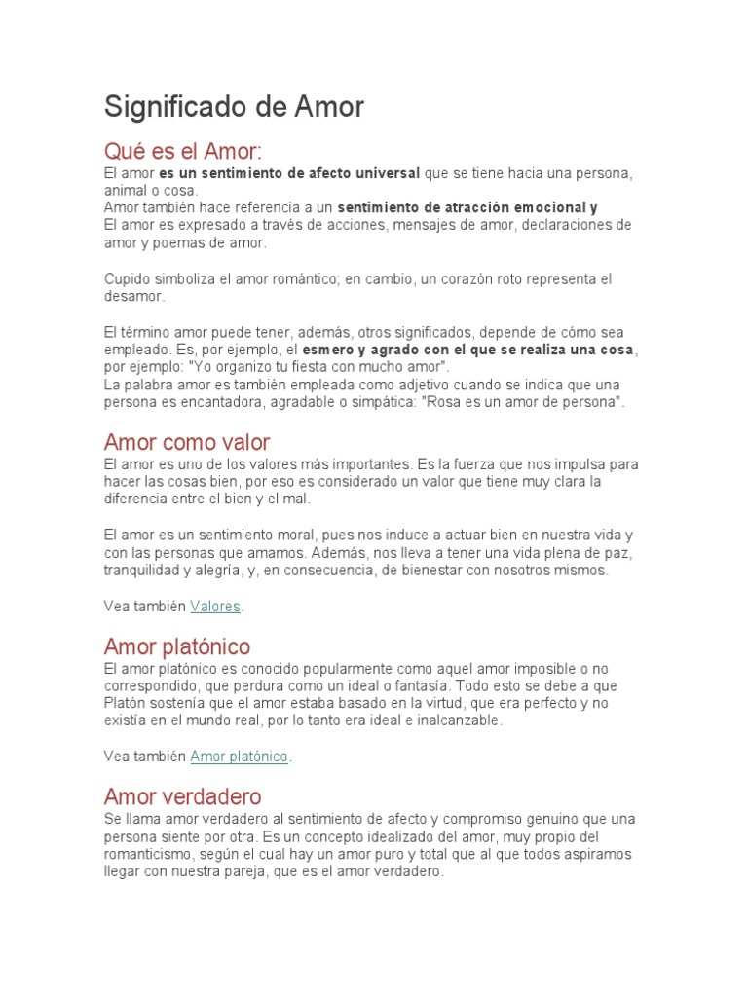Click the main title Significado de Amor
[x=234, y=106]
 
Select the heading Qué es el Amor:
[x=183, y=152]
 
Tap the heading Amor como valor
[x=187, y=442]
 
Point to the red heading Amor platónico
[x=177, y=646]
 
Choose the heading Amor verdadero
[x=182, y=796]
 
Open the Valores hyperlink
[x=215, y=607]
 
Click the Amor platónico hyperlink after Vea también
[x=240, y=757]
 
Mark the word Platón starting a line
[x=126, y=704]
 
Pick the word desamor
[x=134, y=296]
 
